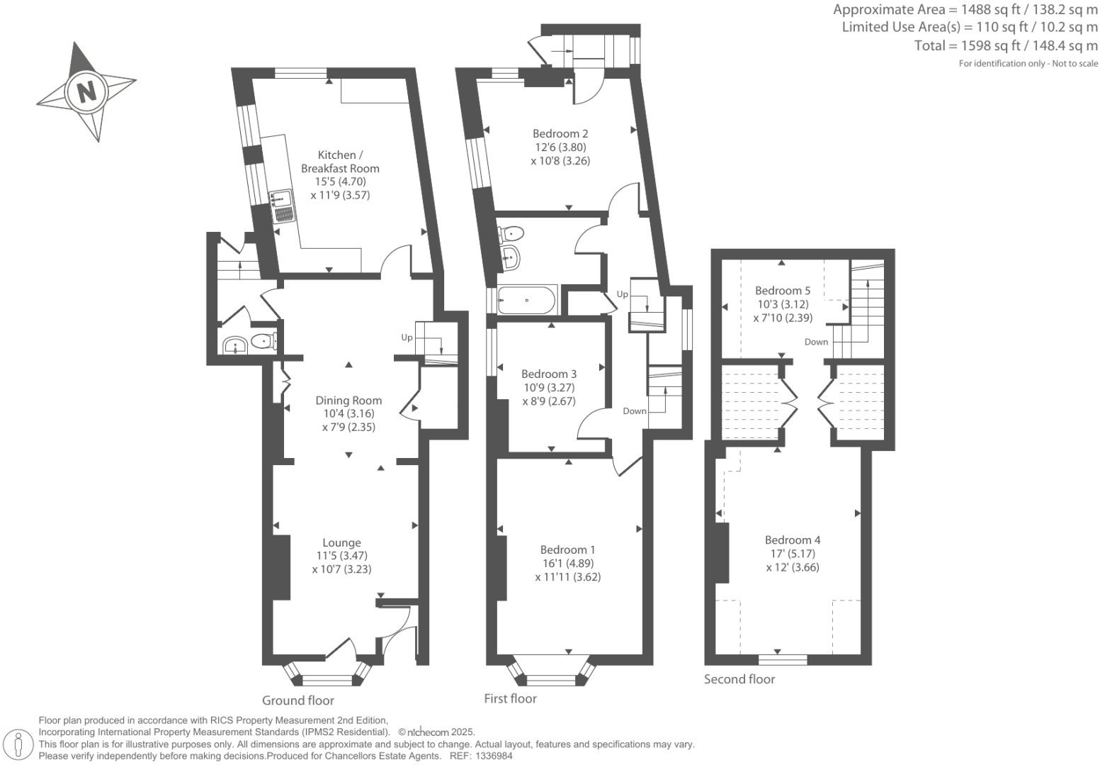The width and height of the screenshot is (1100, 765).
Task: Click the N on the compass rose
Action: coord(86,92)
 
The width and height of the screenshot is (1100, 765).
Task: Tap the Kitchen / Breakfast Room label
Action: coord(340,162)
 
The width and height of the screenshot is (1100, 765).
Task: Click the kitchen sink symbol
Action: coord(283,206)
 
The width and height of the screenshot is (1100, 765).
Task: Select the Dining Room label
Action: coord(348,401)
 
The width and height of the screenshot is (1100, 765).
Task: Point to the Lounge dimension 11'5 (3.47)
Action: coord(341,556)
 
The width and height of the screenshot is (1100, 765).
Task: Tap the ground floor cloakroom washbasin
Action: coord(234,345)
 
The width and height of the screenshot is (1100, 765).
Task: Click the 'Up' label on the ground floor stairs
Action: coord(407,337)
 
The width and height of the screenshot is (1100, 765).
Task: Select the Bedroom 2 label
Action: coord(560,133)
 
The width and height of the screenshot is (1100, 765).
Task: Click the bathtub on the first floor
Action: coord(526,300)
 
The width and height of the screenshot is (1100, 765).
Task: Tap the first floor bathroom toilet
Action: coord(511,233)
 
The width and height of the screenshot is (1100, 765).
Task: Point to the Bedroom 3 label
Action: coord(549,374)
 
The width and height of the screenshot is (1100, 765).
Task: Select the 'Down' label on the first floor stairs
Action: coord(635,411)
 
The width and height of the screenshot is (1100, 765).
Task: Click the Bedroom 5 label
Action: coord(782,290)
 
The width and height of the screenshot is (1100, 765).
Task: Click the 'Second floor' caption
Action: coord(739,679)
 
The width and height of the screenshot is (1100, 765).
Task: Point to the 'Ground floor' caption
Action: coord(297,700)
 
